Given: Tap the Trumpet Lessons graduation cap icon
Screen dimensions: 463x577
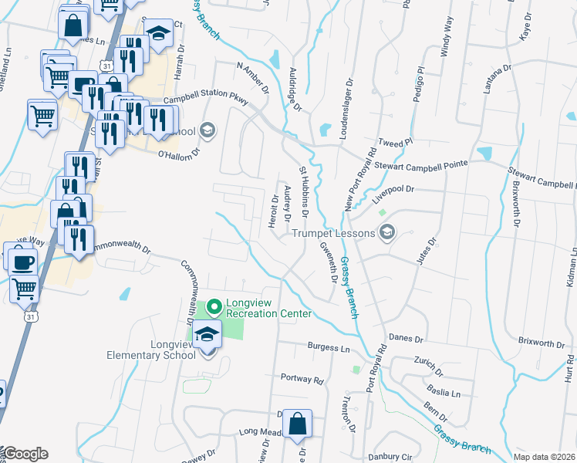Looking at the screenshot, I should [387, 232].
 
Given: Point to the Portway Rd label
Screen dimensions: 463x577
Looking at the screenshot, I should [302, 379].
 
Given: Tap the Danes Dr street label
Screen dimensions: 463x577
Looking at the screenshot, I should [407, 338].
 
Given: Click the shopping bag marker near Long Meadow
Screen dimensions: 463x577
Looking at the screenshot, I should [297, 424].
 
